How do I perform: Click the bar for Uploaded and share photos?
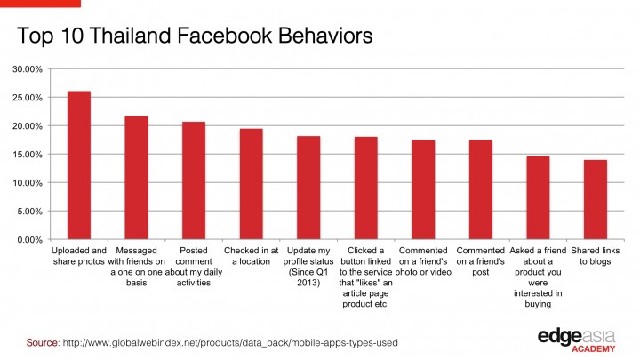click(79, 165)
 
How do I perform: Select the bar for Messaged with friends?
click(136, 178)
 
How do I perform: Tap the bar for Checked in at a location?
click(251, 184)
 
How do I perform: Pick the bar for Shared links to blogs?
click(595, 200)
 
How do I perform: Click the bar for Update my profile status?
click(308, 188)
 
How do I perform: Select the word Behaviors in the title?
click(308, 37)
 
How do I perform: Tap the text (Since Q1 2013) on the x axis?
click(308, 276)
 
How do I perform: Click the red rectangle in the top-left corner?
click(40, 3)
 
